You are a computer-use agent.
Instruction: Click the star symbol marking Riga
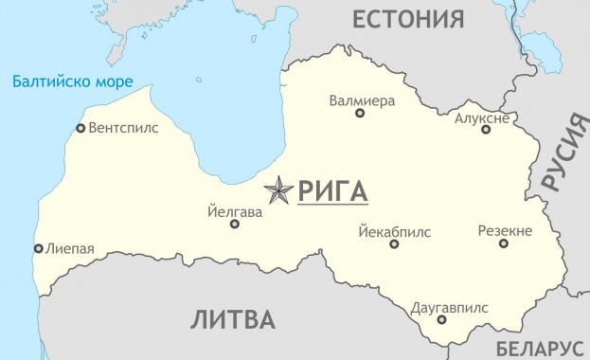278,191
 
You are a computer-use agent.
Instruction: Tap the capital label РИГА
332,191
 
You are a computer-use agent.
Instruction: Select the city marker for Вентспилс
80,128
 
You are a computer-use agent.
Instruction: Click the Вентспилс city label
123,127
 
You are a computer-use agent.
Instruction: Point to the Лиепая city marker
38,249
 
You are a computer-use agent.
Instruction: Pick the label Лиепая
70,249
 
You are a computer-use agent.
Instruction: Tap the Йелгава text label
234,212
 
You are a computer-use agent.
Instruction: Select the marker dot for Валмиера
360,114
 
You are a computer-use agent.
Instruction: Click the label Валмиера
361,99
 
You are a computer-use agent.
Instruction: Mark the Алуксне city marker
486,129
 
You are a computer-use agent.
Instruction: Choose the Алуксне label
483,117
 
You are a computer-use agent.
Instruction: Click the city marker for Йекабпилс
394,244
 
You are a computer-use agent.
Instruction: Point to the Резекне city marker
504,243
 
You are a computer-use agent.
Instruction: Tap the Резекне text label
505,230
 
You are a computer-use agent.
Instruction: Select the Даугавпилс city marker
441,320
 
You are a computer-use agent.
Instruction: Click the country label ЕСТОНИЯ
408,19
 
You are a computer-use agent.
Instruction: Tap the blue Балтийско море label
73,81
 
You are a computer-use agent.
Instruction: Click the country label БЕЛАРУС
539,348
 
